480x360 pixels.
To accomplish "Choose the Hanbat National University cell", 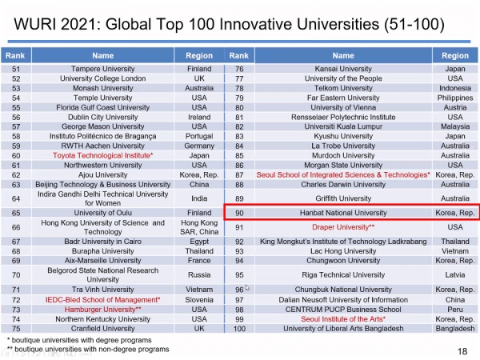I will tap(343, 212).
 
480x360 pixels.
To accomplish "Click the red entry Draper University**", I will tap(343, 226).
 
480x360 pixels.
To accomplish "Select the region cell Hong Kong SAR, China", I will tap(199, 226).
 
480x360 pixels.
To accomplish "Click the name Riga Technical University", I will tap(343, 274).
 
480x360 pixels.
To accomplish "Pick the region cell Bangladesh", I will tap(454, 328).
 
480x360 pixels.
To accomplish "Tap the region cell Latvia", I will tap(454, 274).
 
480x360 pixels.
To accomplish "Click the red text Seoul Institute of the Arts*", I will tap(343, 318).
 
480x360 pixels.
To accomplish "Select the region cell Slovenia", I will tap(199, 299).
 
